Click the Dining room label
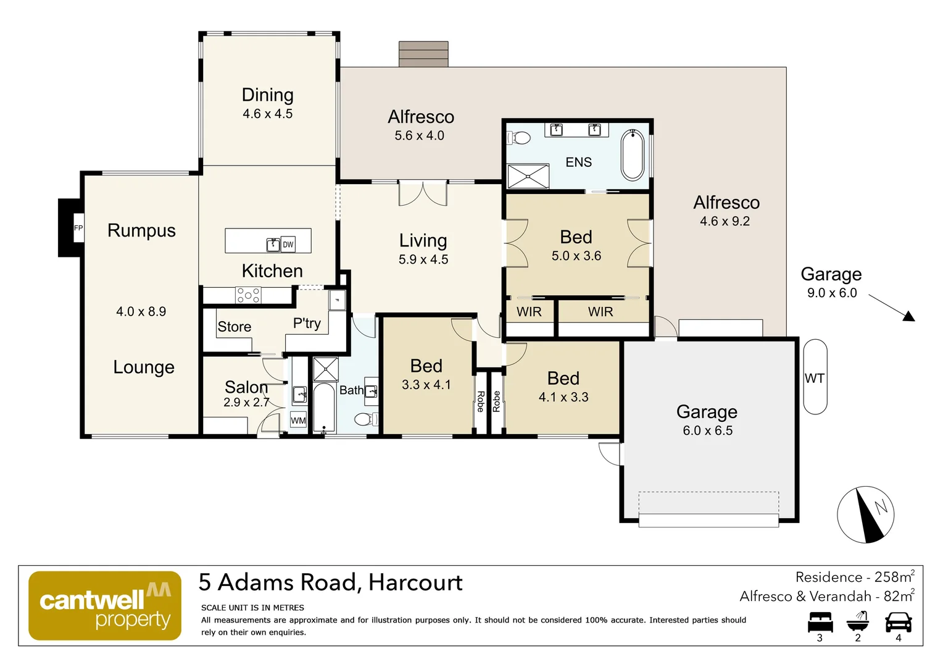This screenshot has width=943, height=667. [267, 95]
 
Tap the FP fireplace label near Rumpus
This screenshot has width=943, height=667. [78, 228]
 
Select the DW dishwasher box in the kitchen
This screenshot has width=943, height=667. [288, 245]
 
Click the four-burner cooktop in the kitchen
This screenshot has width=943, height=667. [248, 295]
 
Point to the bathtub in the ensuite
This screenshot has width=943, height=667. [632, 154]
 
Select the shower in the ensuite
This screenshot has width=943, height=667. [528, 176]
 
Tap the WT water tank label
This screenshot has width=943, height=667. [815, 378]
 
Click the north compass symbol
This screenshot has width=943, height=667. [865, 514]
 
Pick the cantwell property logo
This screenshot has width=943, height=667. [105, 606]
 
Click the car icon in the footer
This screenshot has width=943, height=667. [898, 622]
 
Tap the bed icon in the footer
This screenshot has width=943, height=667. [820, 622]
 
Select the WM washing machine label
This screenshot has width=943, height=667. [299, 421]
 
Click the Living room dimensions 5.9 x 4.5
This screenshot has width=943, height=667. [423, 259]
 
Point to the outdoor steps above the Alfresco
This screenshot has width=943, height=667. [423, 54]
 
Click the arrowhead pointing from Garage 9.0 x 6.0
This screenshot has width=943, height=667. [908, 316]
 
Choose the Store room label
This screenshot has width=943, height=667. [235, 327]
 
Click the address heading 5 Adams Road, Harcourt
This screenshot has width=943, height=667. [330, 582]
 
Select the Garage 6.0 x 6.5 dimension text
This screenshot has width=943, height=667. [707, 430]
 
